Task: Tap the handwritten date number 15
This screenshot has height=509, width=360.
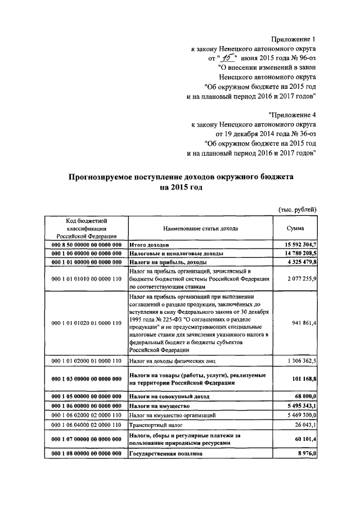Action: pos(227,57)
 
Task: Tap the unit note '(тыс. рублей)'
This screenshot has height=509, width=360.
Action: pos(298,209)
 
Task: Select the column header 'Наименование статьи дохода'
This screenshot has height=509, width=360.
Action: pos(200,229)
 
